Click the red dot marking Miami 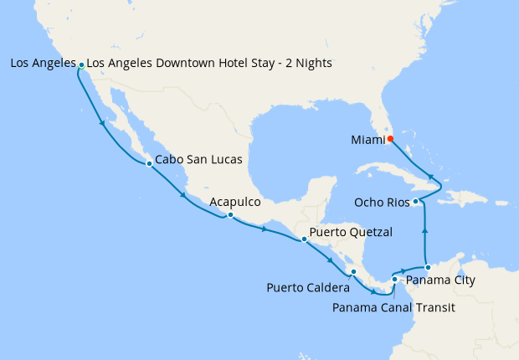coord(390,139)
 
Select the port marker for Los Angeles coord(81,64)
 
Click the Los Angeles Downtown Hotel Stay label coord(209,63)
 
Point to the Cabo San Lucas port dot coord(149,163)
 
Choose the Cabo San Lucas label coord(199,159)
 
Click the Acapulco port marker coord(229,215)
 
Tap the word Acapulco coord(235,202)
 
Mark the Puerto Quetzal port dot coord(304,239)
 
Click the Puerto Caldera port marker coord(353,271)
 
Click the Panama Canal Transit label coord(393,307)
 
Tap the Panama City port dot coord(428,267)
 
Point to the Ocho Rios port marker coord(416,201)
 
